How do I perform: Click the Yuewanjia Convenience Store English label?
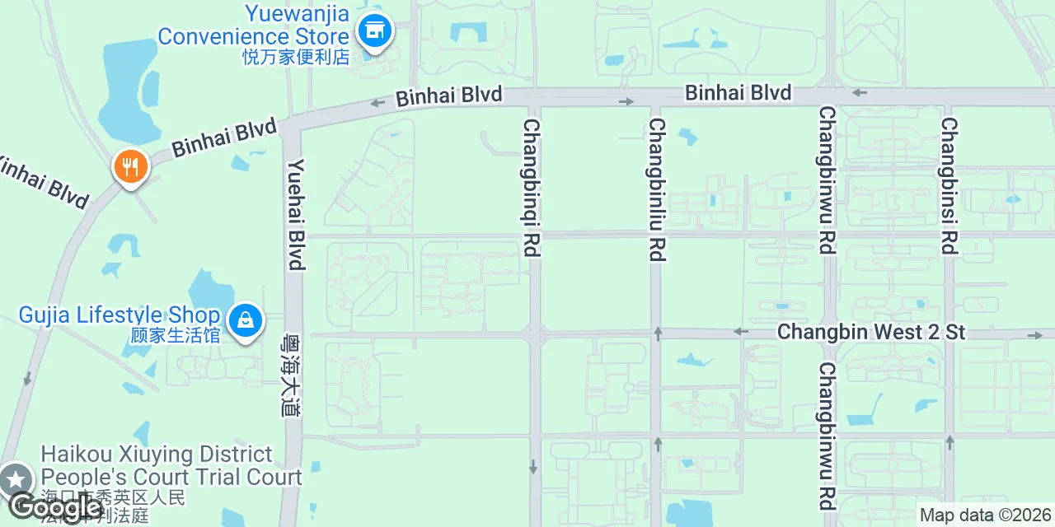pyautogui.click(x=253, y=26)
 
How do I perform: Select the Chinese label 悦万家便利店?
pyautogui.click(x=296, y=57)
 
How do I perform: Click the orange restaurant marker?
pyautogui.click(x=130, y=167)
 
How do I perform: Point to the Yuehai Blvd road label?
pyautogui.click(x=296, y=214)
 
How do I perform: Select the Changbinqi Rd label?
pyautogui.click(x=532, y=188)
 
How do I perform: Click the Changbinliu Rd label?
pyautogui.click(x=656, y=189)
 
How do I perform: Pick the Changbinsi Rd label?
pyautogui.click(x=949, y=185)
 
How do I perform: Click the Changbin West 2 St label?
pyautogui.click(x=871, y=332)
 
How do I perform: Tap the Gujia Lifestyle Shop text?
pyautogui.click(x=120, y=315)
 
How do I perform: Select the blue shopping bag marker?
pyautogui.click(x=246, y=320)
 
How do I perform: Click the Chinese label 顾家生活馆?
pyautogui.click(x=176, y=335)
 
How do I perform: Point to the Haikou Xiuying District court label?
pyautogui.click(x=171, y=465)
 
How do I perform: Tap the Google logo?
pyautogui.click(x=56, y=506)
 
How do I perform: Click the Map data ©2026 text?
pyautogui.click(x=986, y=515)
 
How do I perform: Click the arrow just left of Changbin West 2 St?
pyautogui.click(x=740, y=332)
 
